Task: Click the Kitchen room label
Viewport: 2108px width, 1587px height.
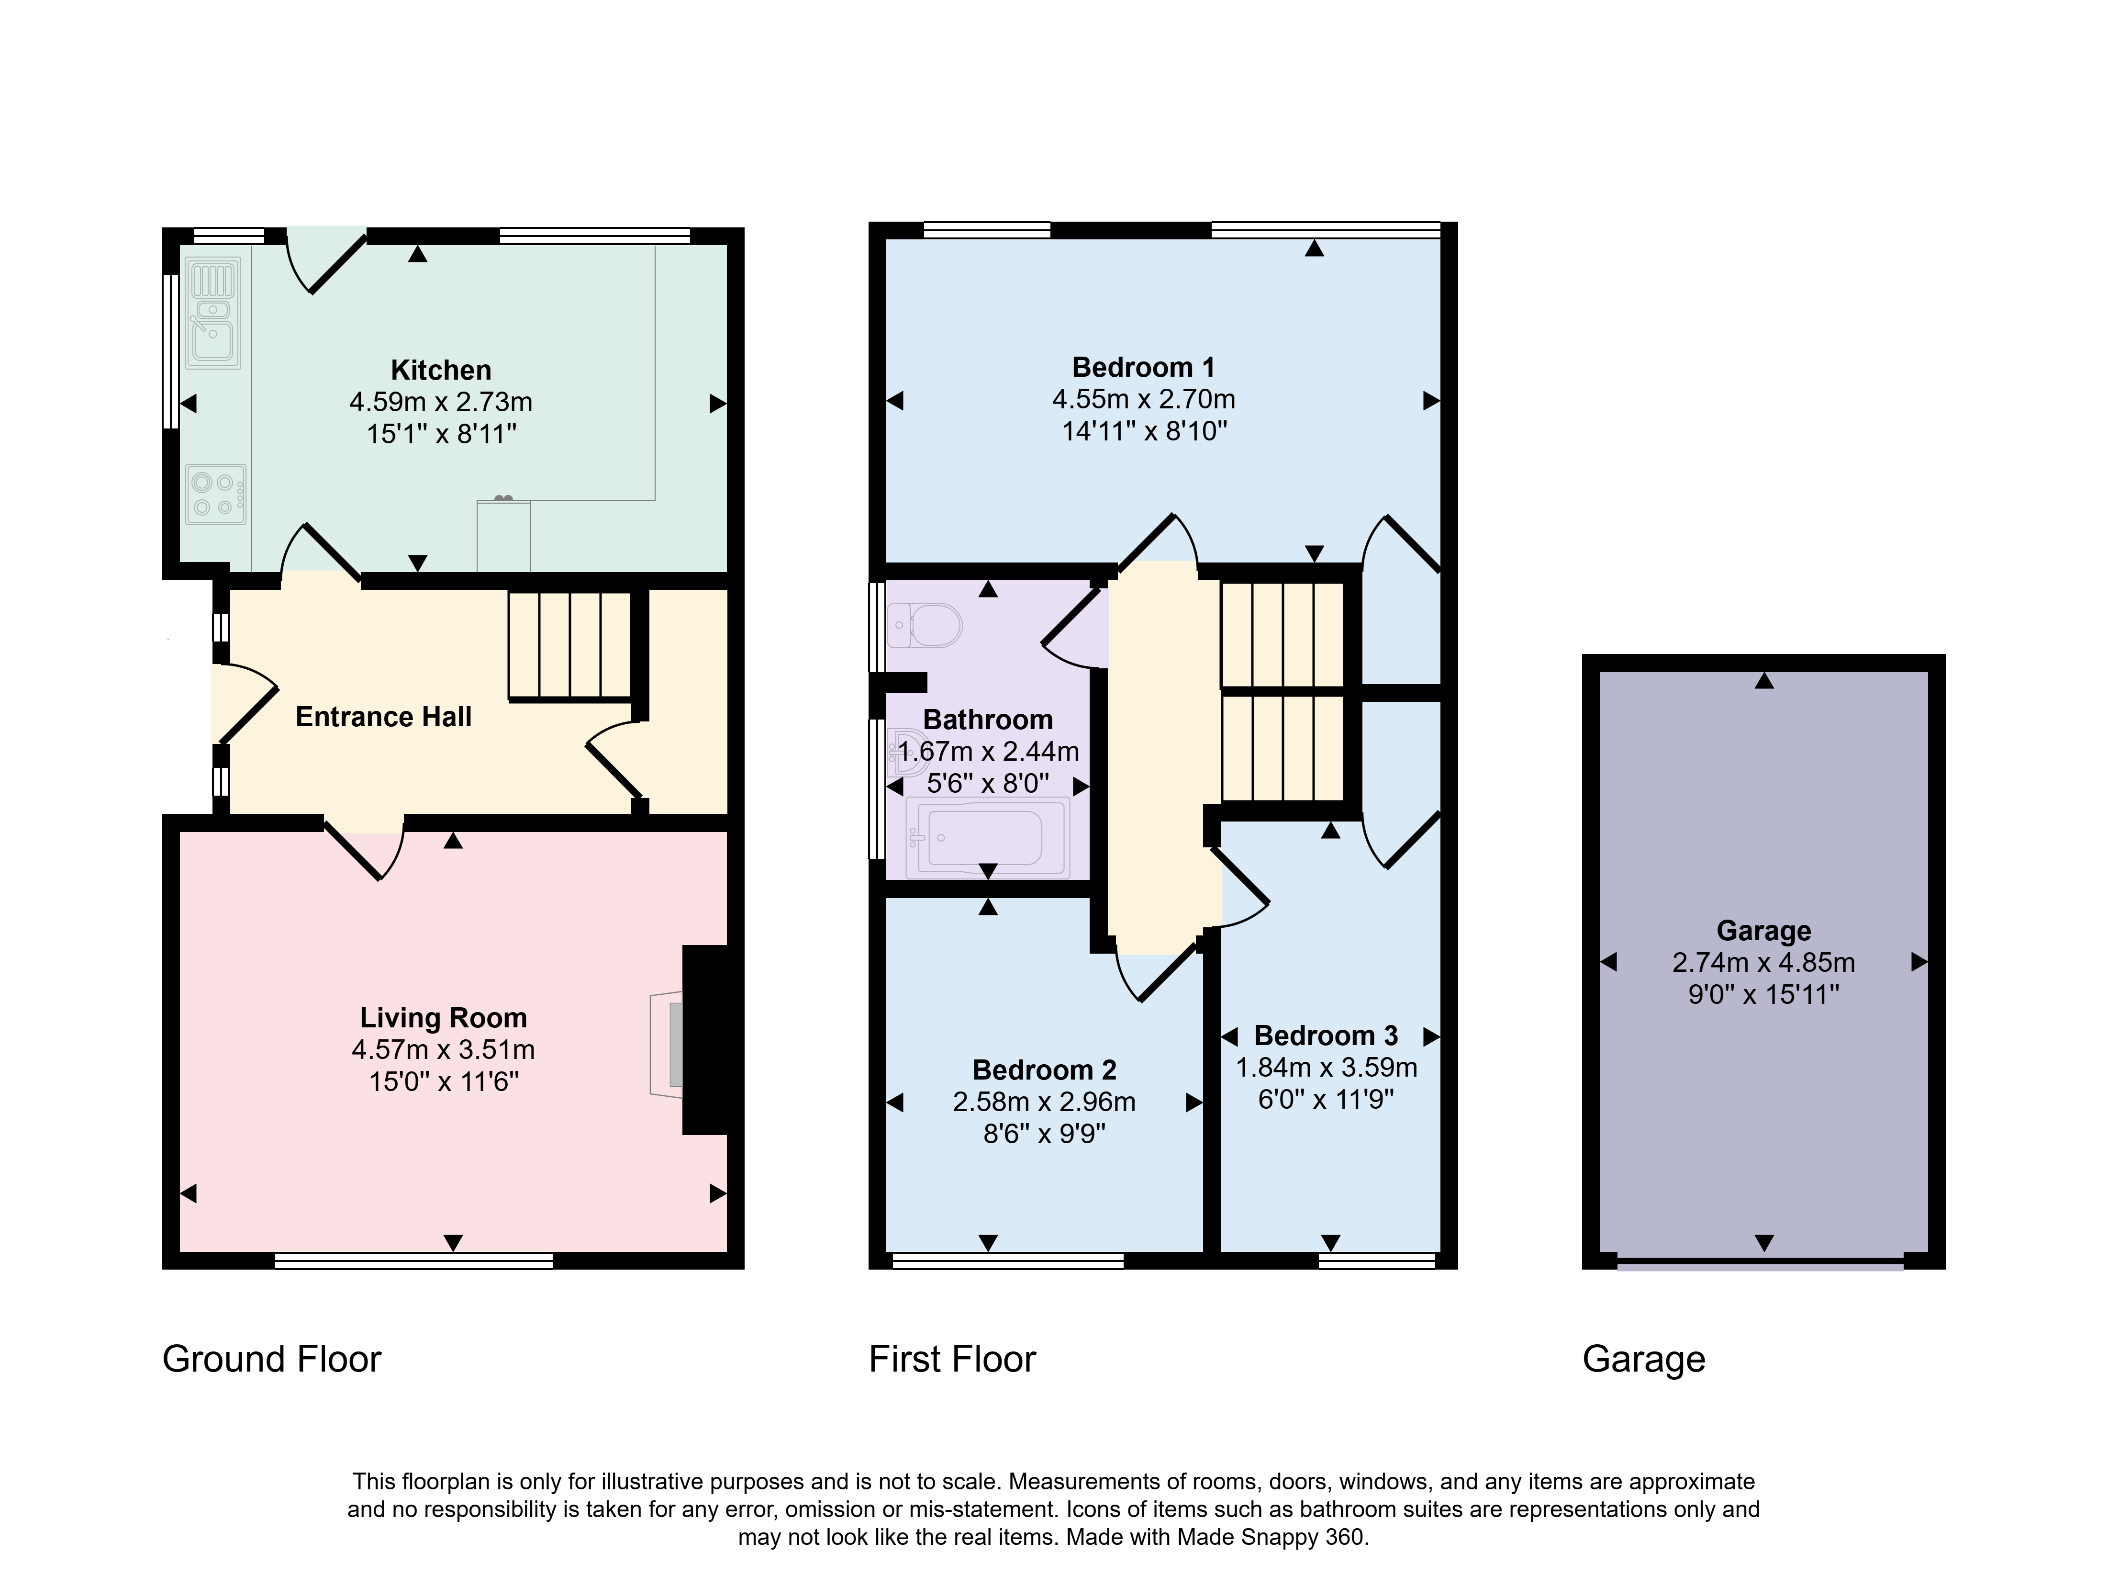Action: pyautogui.click(x=441, y=370)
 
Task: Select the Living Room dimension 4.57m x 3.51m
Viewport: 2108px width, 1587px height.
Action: pyautogui.click(x=443, y=1049)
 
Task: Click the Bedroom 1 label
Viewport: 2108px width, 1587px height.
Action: pyautogui.click(x=1144, y=367)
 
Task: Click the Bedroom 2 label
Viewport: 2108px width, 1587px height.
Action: pyautogui.click(x=1045, y=1069)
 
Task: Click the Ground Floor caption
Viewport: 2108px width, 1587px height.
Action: pyautogui.click(x=272, y=1359)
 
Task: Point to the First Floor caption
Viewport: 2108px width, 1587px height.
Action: pyautogui.click(x=952, y=1359)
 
